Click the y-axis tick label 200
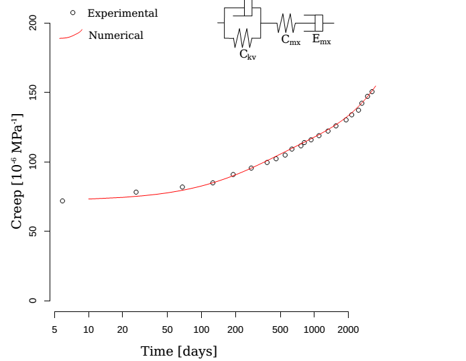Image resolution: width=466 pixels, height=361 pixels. point(32,23)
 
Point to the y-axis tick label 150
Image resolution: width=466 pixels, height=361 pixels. point(32,93)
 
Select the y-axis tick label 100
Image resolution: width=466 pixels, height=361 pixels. point(32,162)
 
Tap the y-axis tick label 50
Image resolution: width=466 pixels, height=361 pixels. point(32,231)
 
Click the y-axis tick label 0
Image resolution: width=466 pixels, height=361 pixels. point(32,301)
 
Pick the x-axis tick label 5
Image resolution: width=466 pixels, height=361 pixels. point(54,329)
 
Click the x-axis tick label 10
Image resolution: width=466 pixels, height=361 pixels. point(89,329)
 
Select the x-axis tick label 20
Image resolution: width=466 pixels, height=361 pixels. point(123,329)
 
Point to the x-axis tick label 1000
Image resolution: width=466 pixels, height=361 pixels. point(314,329)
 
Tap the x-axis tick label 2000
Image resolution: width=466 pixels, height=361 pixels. point(347,329)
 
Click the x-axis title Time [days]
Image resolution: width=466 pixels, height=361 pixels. point(178,351)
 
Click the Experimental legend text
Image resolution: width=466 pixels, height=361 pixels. point(123,13)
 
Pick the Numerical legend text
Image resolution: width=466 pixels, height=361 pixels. point(116,36)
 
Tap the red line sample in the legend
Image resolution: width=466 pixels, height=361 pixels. point(70,35)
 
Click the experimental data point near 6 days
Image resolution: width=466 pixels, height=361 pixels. point(62,201)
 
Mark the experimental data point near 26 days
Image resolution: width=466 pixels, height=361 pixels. point(136,192)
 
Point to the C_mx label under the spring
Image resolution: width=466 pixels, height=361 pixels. point(290,40)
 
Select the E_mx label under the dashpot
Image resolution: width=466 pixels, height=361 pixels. point(321,40)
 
